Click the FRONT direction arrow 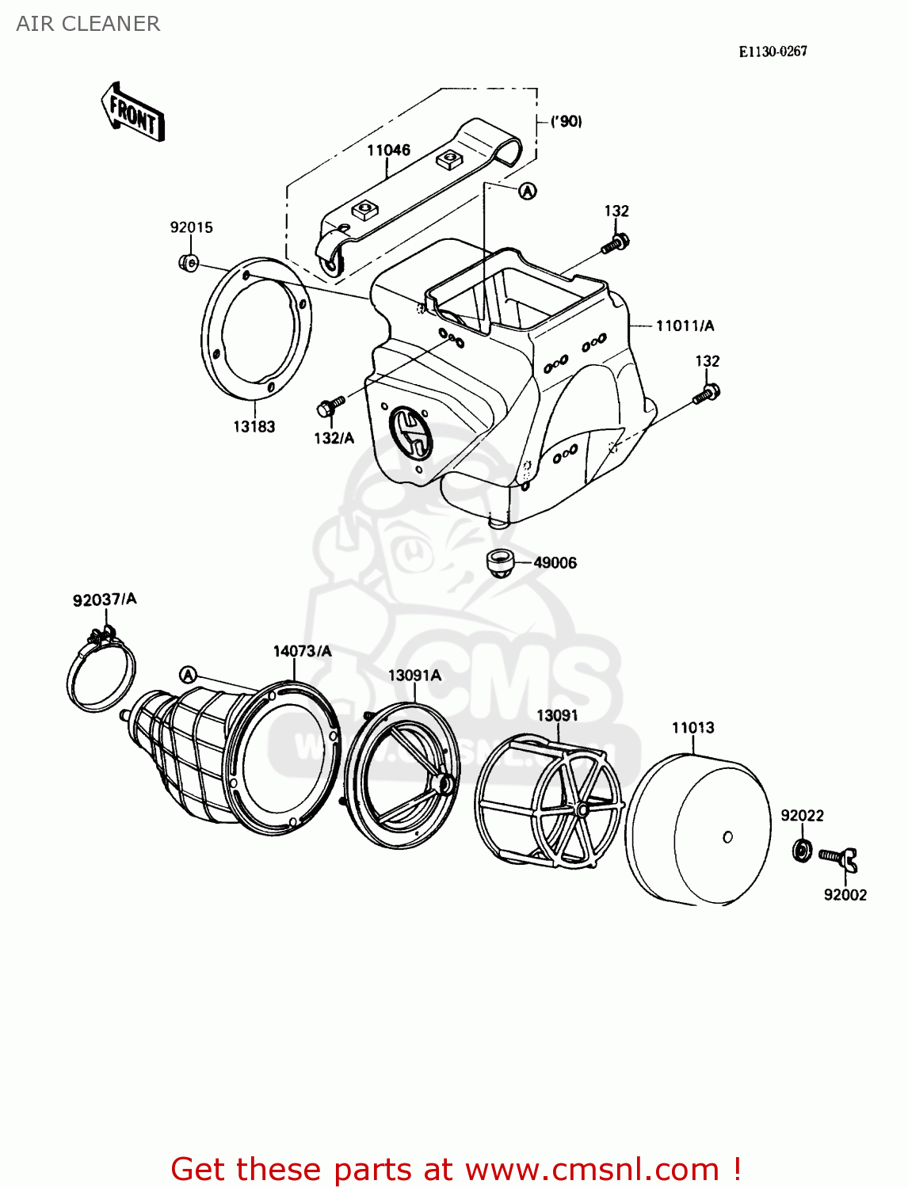pos(133,112)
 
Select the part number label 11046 pos(388,150)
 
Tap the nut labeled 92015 pos(188,262)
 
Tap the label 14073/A pos(302,651)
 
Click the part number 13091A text pos(414,675)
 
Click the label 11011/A pos(685,326)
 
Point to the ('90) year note pos(566,121)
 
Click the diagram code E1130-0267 pos(773,51)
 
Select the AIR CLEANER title pos(88,24)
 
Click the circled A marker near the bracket pos(528,191)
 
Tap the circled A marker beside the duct pos(188,675)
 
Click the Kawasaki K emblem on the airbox pos(411,433)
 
